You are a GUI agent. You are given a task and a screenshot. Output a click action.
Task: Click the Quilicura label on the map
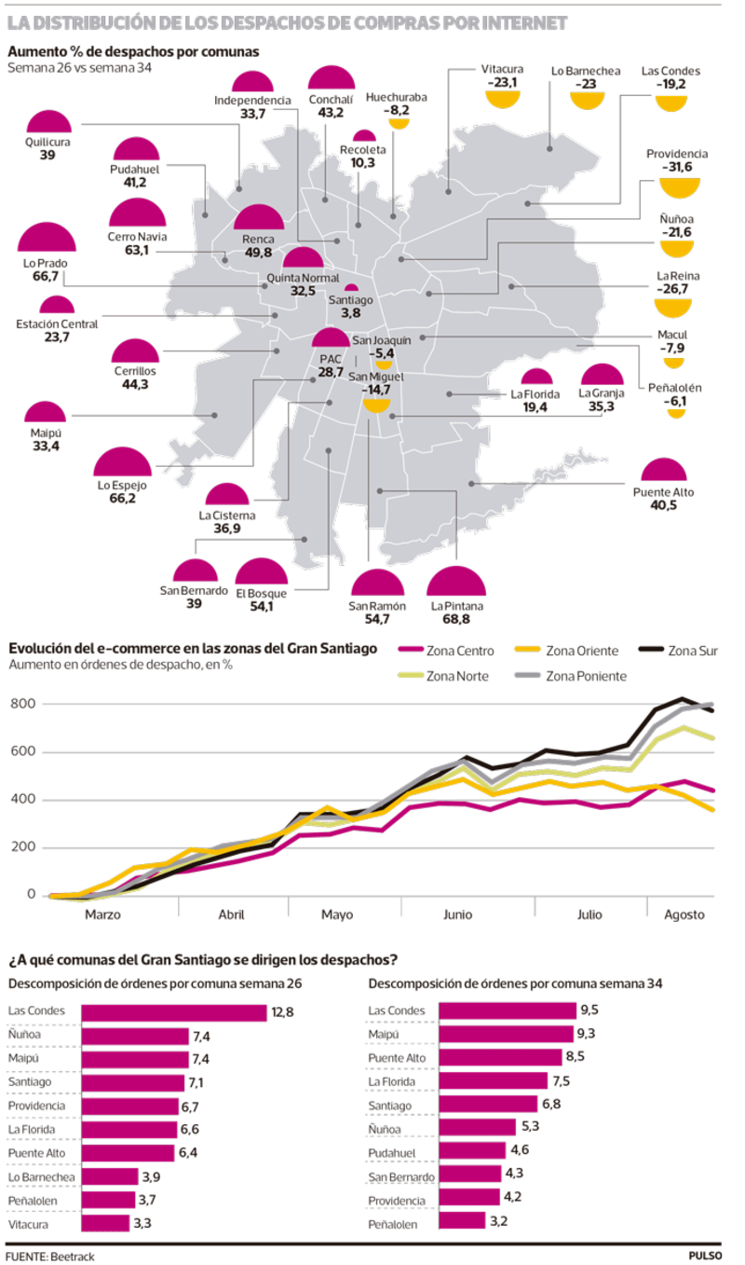[x=47, y=142]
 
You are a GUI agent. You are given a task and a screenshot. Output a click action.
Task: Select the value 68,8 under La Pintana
[x=456, y=618]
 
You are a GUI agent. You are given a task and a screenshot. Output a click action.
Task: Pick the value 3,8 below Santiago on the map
[x=351, y=313]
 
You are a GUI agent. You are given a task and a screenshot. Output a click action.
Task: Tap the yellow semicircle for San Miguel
[x=374, y=405]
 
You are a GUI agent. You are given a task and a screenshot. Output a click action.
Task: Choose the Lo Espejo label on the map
[x=116, y=485]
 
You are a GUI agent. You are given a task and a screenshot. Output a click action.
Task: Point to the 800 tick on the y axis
[x=24, y=704]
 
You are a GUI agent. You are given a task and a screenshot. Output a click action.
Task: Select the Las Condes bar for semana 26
[x=174, y=1011]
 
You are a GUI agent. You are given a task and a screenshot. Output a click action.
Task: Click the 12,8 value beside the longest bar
[x=282, y=1011]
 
